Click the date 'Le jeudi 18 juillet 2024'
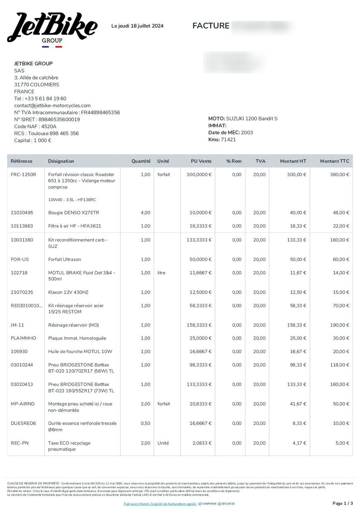137,26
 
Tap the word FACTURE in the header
211,26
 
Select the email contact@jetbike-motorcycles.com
53,106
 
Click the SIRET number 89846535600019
59,120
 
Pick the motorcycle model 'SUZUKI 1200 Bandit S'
252,119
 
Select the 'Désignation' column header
61,161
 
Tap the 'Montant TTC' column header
335,161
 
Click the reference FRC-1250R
23,175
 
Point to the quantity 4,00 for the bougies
145,213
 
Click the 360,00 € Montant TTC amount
339,175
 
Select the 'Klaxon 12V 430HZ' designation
68,292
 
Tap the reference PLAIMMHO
23,338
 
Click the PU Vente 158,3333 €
199,325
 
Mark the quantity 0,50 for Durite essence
145,424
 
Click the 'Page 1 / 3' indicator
342,503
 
